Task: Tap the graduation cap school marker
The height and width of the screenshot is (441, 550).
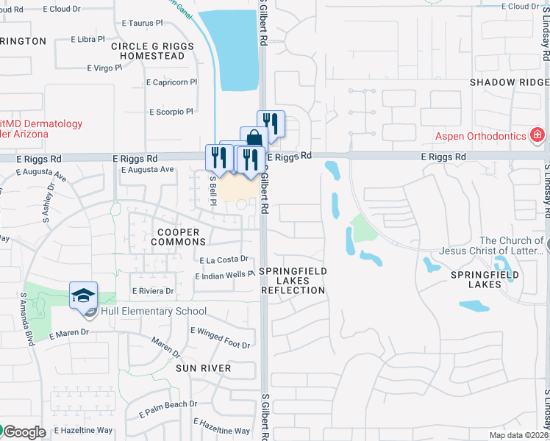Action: (84, 295)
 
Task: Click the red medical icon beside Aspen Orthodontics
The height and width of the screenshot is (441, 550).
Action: (537, 136)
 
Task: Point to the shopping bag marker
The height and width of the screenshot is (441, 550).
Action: (253, 139)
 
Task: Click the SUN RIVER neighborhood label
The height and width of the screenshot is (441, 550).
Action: (203, 368)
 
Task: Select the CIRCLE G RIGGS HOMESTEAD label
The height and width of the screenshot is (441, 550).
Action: (152, 51)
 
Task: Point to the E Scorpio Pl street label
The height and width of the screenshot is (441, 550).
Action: (170, 112)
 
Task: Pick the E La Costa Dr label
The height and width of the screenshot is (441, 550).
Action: (224, 259)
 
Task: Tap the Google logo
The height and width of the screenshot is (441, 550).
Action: (24, 432)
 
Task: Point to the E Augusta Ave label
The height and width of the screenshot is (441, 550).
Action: (147, 170)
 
